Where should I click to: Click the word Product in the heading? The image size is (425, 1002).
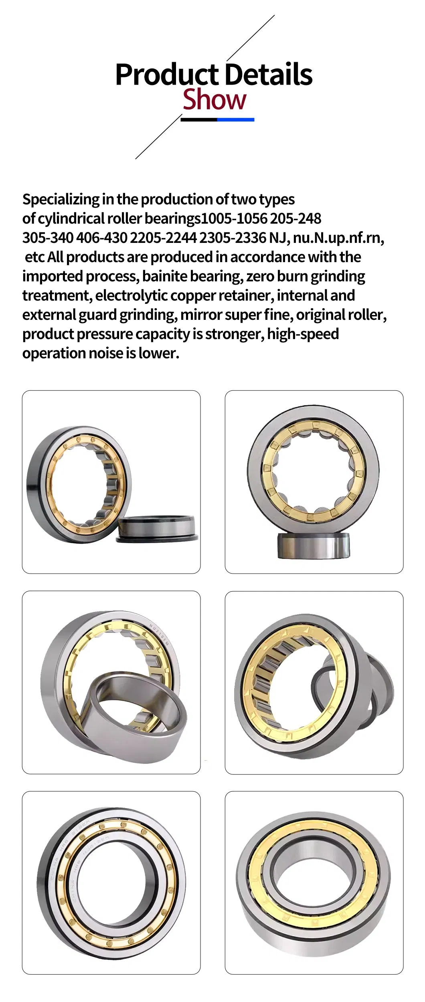[167, 75]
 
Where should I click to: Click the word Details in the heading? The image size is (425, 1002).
[268, 75]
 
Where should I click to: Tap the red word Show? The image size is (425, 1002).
[214, 100]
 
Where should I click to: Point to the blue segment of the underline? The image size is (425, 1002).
[235, 119]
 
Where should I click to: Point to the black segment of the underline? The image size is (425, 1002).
[199, 119]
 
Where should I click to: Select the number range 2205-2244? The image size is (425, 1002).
[164, 238]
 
